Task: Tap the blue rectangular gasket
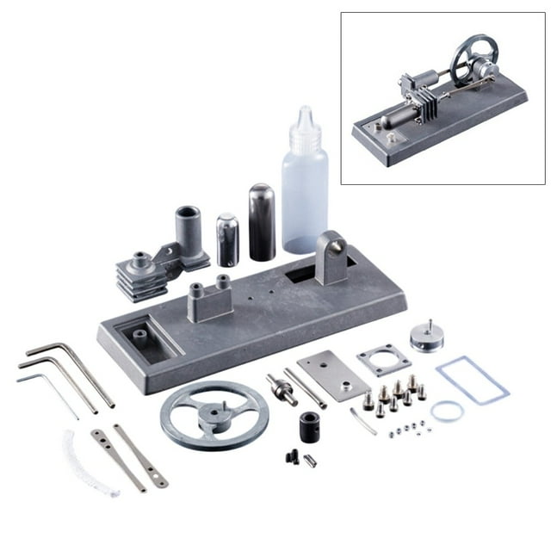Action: [x=472, y=380]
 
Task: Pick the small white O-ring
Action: [x=447, y=412]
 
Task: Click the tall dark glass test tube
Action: [x=262, y=222]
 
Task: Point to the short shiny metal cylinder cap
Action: [x=227, y=240]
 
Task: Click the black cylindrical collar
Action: [x=310, y=425]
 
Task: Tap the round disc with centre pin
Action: [x=425, y=335]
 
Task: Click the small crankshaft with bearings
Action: [x=282, y=388]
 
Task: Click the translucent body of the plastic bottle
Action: [x=305, y=203]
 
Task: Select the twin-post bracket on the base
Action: [x=212, y=298]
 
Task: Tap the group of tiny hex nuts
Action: [x=405, y=428]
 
